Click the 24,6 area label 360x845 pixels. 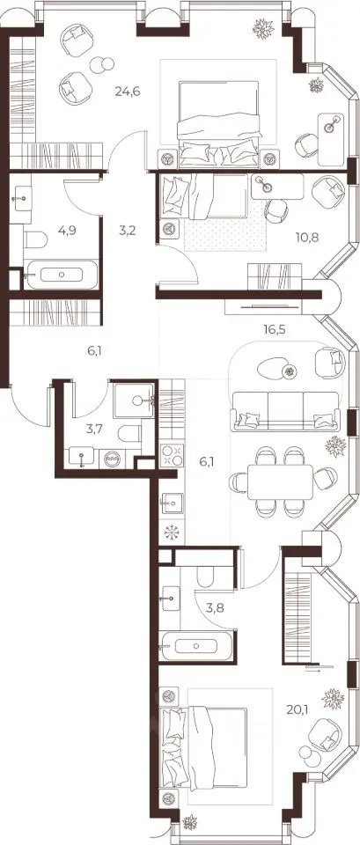coord(127,91)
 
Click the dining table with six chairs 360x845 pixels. coord(280,481)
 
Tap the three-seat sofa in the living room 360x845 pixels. coord(286,411)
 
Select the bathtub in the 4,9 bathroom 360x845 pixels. coord(62,275)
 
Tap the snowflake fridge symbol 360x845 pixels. coord(173,533)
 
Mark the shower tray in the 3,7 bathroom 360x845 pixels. coord(135,399)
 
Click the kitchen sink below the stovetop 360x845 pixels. coord(173,503)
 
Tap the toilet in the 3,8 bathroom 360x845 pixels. coord(208,577)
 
